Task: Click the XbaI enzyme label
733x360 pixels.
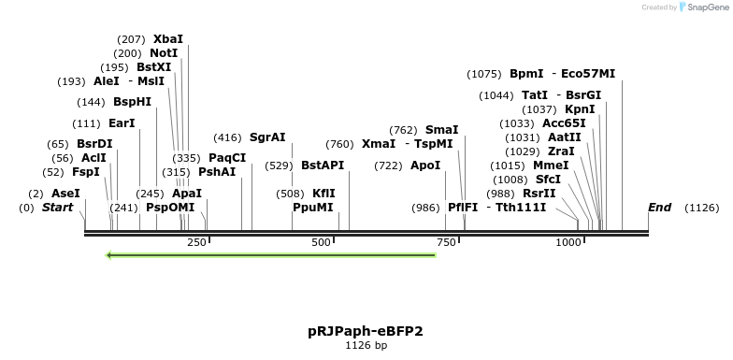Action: (x=168, y=39)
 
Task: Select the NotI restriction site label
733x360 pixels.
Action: (x=164, y=53)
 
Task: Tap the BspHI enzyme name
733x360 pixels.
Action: (x=132, y=102)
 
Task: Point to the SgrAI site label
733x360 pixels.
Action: (x=267, y=137)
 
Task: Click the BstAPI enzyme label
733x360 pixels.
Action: (x=323, y=166)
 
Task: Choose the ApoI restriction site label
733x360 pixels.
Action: (x=425, y=166)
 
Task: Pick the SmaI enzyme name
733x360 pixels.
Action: (x=442, y=130)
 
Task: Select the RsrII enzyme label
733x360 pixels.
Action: (x=539, y=194)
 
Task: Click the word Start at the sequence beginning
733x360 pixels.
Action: (x=57, y=208)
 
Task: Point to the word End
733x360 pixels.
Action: (x=659, y=208)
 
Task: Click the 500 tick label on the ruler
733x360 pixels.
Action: (x=321, y=243)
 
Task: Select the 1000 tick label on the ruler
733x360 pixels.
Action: (x=568, y=243)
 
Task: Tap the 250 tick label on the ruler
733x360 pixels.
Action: (x=196, y=243)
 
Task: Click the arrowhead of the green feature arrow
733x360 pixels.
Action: (x=110, y=255)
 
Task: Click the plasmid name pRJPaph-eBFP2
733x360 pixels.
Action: (x=366, y=331)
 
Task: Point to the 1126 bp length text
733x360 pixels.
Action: (x=366, y=346)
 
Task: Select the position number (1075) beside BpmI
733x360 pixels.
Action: (x=484, y=74)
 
